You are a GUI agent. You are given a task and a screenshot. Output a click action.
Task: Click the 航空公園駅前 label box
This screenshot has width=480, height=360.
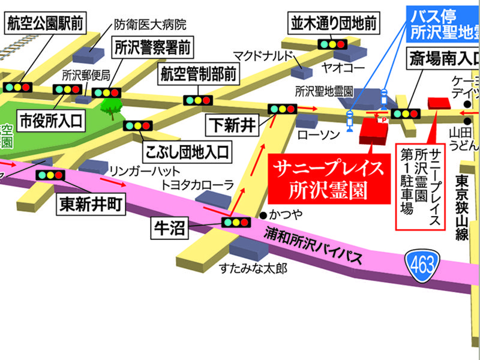43,25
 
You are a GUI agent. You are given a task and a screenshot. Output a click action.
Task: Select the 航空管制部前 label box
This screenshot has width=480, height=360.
198,75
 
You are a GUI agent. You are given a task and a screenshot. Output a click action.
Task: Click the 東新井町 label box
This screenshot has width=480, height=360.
91,205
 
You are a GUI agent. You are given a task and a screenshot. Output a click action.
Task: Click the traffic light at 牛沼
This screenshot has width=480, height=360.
236,222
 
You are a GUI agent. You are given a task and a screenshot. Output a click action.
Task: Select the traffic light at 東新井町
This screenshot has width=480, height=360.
50,175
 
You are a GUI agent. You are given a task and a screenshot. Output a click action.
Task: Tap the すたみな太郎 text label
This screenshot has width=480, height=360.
253,268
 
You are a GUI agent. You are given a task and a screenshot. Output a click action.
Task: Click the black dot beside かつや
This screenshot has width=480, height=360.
263,214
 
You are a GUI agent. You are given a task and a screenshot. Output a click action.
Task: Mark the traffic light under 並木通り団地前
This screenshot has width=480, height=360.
332,44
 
